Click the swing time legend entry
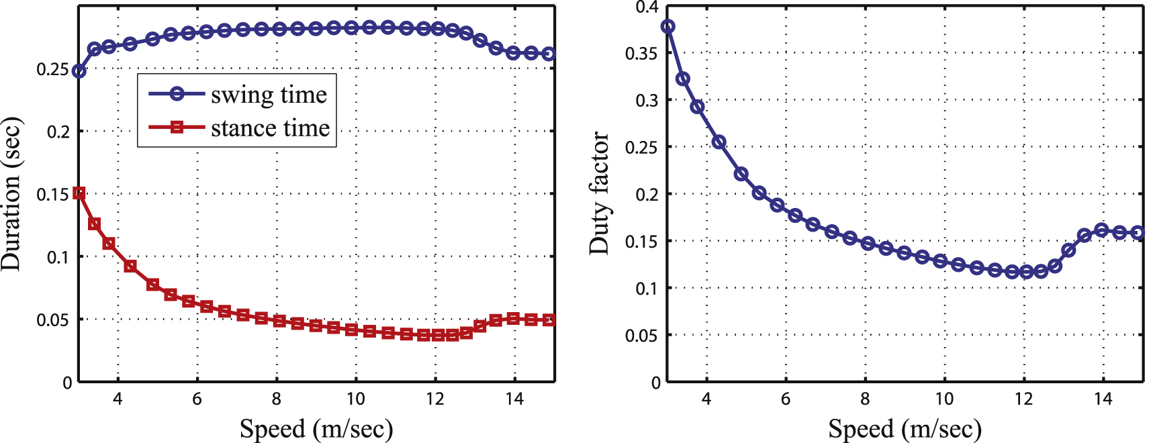pos(238,95)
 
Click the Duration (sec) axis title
pos(11,194)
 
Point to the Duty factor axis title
pos(599,193)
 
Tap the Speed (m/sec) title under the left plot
pos(316,428)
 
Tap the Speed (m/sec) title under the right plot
pos(905,428)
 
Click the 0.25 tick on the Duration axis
pos(52,69)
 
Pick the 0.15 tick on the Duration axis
pos(52,195)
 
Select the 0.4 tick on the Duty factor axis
pos(647,7)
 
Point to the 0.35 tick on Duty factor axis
pos(641,54)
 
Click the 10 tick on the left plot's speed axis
pos(355,399)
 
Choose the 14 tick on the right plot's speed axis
pos(1103,399)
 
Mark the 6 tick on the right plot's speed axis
pos(786,399)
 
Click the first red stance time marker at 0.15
pos(79,193)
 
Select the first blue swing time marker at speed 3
pos(79,71)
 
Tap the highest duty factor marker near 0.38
pos(667,27)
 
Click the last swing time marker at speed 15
pos(549,54)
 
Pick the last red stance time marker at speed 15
pos(549,320)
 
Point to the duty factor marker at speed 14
pos(1102,230)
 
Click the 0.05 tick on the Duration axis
pos(52,320)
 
